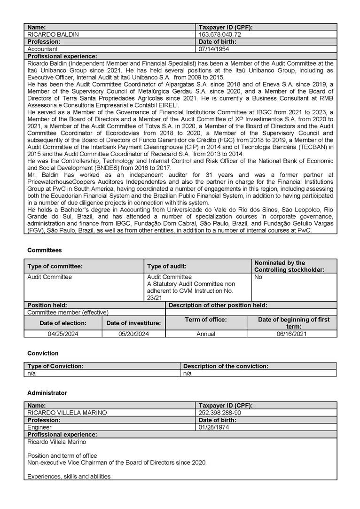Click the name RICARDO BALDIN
pos(53,34)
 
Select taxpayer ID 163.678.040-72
pos(220,34)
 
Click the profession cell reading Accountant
pos(42,49)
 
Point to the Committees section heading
pos(44,251)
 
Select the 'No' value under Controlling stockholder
pos(258,277)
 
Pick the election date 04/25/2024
pos(63,334)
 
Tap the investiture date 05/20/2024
pos(133,334)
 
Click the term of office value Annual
pos(206,334)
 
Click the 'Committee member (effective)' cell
pos(68,312)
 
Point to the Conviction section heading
pos(43,353)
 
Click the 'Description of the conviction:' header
pos(226,366)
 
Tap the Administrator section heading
pos(47,393)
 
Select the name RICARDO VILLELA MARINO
pos(67,413)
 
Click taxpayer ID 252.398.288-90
pos(220,413)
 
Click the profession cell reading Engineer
pos(39,428)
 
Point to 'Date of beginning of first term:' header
pos(293,323)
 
